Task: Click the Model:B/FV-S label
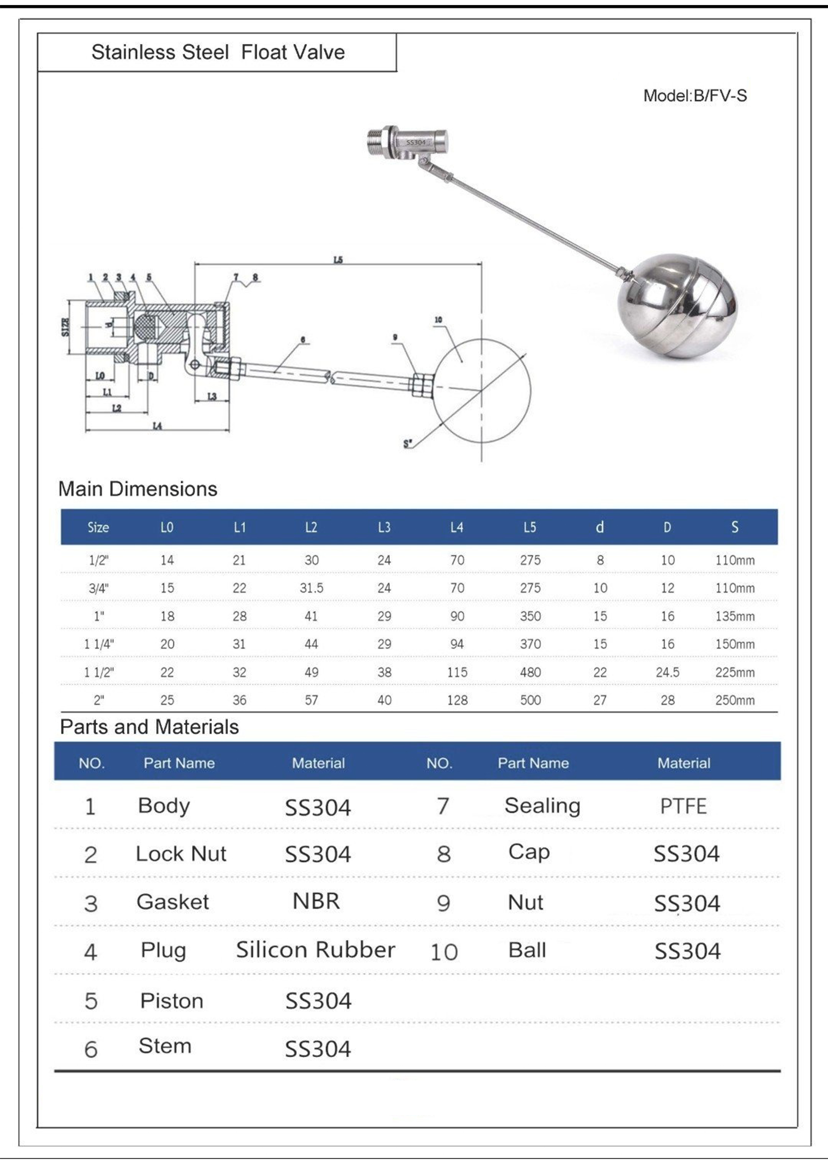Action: click(x=694, y=96)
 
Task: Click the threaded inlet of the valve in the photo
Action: click(x=377, y=141)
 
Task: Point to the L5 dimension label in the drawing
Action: click(x=338, y=260)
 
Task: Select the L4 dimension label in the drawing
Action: click(x=157, y=425)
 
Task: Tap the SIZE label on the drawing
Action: click(x=65, y=327)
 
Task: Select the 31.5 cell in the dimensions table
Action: click(x=311, y=588)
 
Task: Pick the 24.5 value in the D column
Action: click(x=667, y=672)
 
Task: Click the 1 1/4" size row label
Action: click(x=99, y=644)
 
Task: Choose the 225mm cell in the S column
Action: click(x=735, y=672)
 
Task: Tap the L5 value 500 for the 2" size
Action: click(x=530, y=700)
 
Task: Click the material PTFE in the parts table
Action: click(x=683, y=807)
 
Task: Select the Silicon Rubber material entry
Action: click(x=315, y=950)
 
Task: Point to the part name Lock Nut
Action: click(x=181, y=854)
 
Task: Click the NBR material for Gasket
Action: click(x=316, y=901)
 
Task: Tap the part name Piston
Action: click(x=171, y=1001)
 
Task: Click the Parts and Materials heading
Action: click(x=149, y=727)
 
